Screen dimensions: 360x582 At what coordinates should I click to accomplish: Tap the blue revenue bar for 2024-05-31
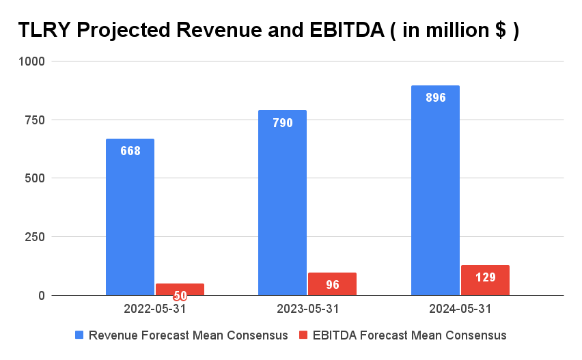pyautogui.click(x=435, y=191)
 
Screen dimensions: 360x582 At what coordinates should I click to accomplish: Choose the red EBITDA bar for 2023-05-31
pyautogui.click(x=333, y=284)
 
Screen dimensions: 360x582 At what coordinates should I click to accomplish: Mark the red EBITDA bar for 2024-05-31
pyautogui.click(x=485, y=280)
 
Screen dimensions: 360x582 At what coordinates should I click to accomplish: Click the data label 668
pyautogui.click(x=130, y=151)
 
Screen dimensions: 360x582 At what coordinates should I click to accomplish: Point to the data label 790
pyautogui.click(x=283, y=123)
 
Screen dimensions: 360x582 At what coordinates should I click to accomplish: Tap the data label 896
pyautogui.click(x=435, y=98)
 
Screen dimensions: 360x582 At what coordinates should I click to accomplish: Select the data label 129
pyautogui.click(x=485, y=277)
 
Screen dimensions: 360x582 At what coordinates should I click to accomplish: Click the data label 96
pyautogui.click(x=333, y=285)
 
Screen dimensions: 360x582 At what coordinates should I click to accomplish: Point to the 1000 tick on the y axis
pyautogui.click(x=32, y=61)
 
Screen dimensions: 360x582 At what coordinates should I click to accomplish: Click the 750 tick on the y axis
pyautogui.click(x=35, y=120)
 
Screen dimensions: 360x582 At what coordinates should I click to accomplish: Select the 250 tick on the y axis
pyautogui.click(x=35, y=237)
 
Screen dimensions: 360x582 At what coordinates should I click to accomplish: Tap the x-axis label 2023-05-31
pyautogui.click(x=307, y=309)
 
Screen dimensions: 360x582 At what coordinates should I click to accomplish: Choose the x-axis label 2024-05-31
pyautogui.click(x=460, y=309)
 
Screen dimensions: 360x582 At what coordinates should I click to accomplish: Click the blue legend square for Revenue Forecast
pyautogui.click(x=79, y=335)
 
